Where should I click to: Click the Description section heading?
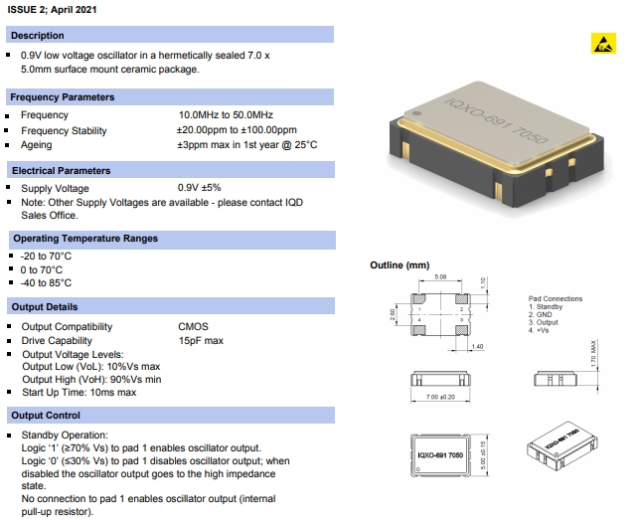(38, 36)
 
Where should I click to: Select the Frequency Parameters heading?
(62, 97)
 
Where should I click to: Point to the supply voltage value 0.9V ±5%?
(199, 188)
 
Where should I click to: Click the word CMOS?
(193, 326)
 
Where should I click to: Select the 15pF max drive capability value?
(201, 341)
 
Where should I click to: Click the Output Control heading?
(46, 415)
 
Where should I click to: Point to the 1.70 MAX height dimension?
(593, 355)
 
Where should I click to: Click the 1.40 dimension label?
(476, 345)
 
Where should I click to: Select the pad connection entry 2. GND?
(542, 315)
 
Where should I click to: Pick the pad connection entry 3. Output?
(545, 322)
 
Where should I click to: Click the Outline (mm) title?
(400, 265)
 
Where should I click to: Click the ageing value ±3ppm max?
(247, 145)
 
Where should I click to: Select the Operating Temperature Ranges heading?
(85, 239)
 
